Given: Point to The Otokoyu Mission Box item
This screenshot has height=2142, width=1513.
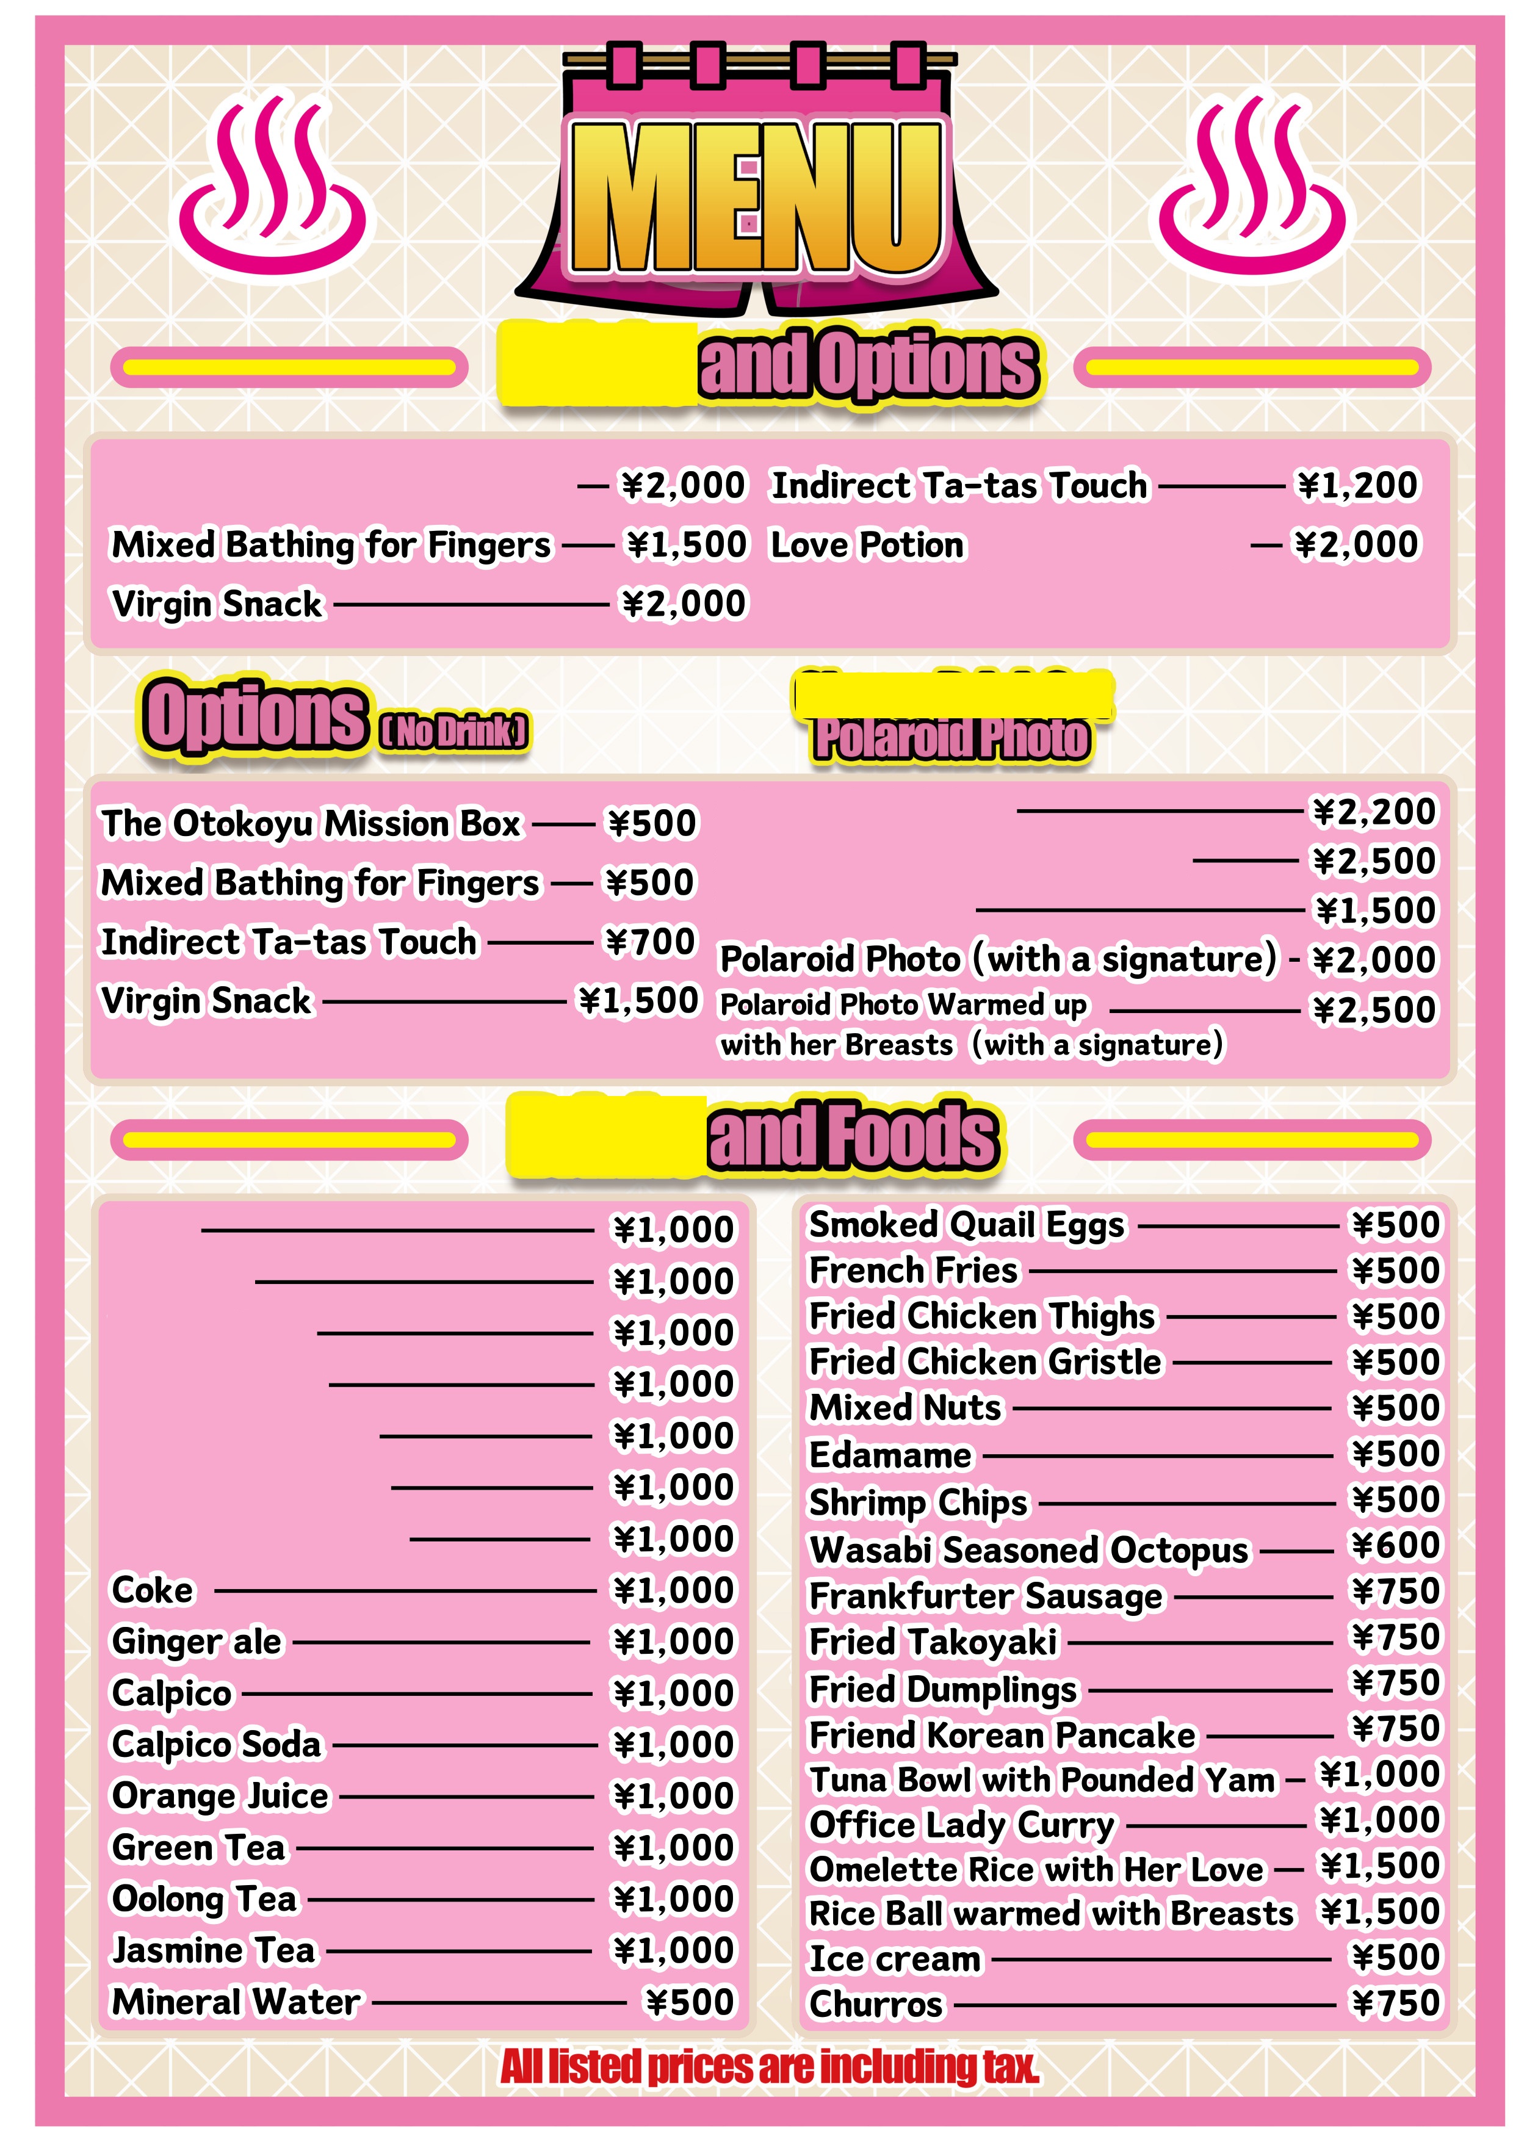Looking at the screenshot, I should click(x=311, y=824).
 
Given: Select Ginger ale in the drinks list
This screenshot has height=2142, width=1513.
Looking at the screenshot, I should click(x=196, y=1641).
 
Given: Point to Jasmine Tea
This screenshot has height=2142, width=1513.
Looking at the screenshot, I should click(x=214, y=1950).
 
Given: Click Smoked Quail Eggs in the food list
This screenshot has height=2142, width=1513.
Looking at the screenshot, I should click(x=966, y=1225).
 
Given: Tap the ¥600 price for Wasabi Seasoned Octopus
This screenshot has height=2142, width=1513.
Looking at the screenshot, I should click(x=1395, y=1546).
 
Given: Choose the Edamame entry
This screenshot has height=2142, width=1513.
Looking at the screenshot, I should click(x=890, y=1454).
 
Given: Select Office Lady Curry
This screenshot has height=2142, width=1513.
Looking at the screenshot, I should click(x=962, y=1824).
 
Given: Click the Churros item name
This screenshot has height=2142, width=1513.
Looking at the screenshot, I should click(x=876, y=2004).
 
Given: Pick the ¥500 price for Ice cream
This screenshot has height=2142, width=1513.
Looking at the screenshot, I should click(x=1395, y=1957).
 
